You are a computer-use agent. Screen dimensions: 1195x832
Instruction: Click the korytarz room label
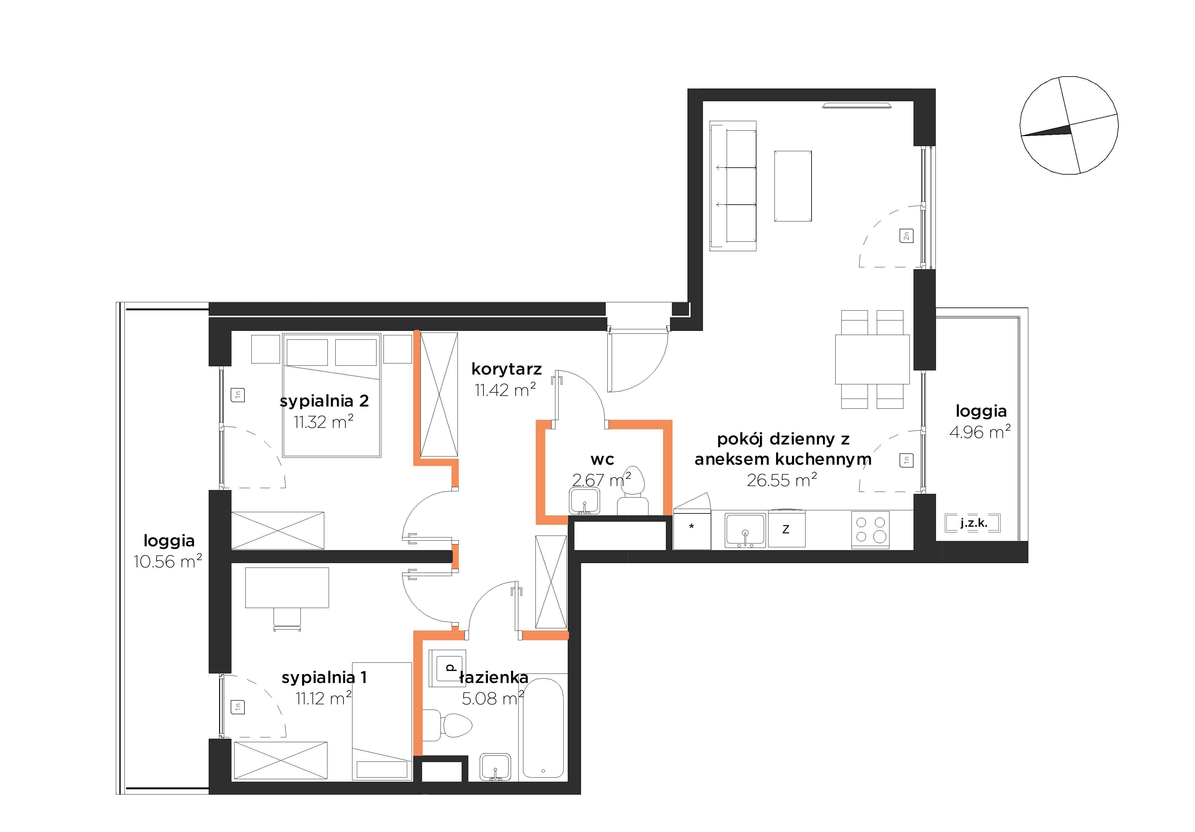(506, 369)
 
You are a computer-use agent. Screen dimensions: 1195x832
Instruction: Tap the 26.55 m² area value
(782, 480)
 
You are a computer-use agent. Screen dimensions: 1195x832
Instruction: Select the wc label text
(602, 460)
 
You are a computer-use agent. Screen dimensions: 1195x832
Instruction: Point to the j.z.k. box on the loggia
(973, 523)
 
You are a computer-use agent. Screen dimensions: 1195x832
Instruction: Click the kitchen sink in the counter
(745, 531)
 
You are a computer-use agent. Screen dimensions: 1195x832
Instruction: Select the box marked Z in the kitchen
(787, 529)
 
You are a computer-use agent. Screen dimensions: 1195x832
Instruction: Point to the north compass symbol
(1069, 125)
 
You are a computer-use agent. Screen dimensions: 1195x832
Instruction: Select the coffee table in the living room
(793, 186)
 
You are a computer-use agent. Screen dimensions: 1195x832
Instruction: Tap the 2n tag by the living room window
(906, 236)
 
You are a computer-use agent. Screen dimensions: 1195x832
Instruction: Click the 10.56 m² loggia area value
(168, 562)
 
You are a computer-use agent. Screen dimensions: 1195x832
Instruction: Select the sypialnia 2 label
(324, 401)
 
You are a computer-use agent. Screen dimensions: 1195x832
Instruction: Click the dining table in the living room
(872, 359)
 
